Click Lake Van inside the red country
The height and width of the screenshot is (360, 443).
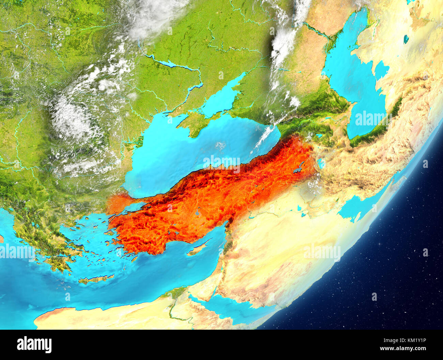(x=298, y=169)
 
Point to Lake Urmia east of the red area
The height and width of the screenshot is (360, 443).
(x=320, y=163)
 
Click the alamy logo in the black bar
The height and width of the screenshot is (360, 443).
(x=34, y=345)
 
